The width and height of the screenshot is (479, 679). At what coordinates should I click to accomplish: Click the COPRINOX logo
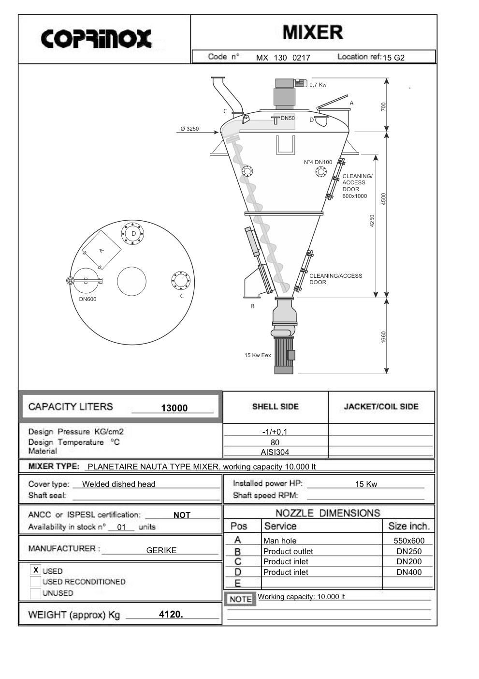pos(96,39)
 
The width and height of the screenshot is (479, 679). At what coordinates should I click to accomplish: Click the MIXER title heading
pos(313,32)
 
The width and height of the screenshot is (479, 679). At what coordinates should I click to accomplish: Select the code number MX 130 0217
pos(283,58)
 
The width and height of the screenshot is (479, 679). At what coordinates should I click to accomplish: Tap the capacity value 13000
pos(174,408)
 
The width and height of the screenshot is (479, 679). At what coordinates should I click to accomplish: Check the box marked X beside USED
pos(36,570)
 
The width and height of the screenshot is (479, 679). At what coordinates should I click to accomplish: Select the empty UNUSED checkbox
pos(35,593)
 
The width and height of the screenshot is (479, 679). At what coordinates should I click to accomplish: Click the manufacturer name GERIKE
pos(161,550)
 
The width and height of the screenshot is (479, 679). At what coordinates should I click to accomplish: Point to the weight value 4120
pos(171,615)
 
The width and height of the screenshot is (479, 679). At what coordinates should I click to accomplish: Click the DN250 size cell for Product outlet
pos(409,551)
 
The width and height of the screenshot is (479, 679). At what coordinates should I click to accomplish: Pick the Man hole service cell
pos(280,541)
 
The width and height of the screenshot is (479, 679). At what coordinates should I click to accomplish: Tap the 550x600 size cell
pos(409,541)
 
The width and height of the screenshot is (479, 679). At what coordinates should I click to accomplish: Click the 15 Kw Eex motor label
pos(258,355)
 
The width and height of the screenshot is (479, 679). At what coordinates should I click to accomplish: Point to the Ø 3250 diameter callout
pos(189,129)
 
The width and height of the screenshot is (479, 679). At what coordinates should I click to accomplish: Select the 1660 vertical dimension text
pos(384,336)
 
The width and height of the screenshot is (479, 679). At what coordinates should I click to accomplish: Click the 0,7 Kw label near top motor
pos(318,85)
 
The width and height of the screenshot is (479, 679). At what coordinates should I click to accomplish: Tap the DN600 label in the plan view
pos(87,299)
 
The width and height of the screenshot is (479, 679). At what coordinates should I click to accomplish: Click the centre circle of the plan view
pos(131,281)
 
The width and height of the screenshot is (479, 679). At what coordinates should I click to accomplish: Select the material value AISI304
pos(275,453)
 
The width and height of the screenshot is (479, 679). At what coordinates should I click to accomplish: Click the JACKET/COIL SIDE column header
pos(381,407)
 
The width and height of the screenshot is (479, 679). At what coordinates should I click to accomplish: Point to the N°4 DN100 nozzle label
pos(318,162)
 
